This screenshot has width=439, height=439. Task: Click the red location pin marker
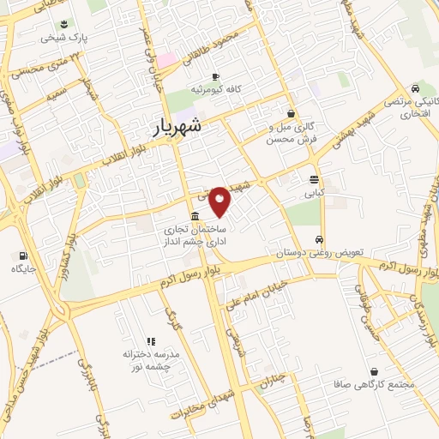tap(220, 200)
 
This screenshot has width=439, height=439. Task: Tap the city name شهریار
tap(178, 127)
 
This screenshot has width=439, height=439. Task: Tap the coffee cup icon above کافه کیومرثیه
tap(215, 75)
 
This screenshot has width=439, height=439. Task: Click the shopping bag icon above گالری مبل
tap(291, 112)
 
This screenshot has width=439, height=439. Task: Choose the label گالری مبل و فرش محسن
tap(292, 132)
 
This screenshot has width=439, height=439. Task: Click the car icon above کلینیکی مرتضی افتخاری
tap(415, 88)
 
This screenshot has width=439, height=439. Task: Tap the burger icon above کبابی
tap(315, 180)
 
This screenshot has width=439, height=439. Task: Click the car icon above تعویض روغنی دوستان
tap(319, 239)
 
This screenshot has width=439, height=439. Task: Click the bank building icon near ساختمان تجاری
tap(196, 216)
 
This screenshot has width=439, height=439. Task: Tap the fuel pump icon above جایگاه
tap(21, 255)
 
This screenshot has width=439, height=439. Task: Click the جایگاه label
tap(21, 269)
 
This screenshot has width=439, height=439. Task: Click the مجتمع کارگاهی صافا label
tap(380, 384)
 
